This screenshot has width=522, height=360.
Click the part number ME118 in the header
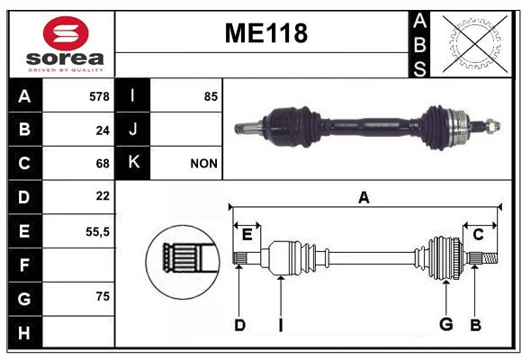click(x=266, y=33)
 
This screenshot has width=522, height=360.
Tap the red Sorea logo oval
click(x=66, y=33)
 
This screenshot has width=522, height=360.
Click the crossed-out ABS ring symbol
click(x=475, y=43)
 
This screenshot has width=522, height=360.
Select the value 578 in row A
click(x=99, y=96)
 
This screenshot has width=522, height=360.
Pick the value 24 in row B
click(x=103, y=130)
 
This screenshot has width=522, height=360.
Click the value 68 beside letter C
click(x=103, y=164)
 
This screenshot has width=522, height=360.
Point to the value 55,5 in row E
click(x=97, y=232)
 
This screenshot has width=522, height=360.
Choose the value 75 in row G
click(x=103, y=296)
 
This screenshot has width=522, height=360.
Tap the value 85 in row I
click(x=211, y=96)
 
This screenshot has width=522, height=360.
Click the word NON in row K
click(x=203, y=164)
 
